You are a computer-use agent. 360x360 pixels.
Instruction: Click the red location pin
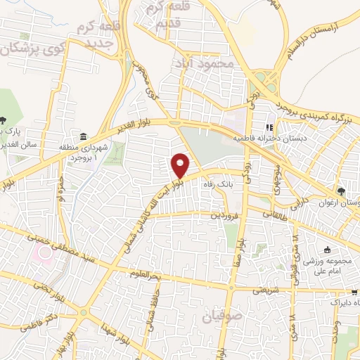(x=181, y=165)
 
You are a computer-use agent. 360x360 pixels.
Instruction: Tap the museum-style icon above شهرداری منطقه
(x=84, y=136)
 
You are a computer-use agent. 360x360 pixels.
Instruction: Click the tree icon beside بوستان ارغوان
(x=342, y=191)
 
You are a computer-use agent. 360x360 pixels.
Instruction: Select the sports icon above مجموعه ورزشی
(x=326, y=250)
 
